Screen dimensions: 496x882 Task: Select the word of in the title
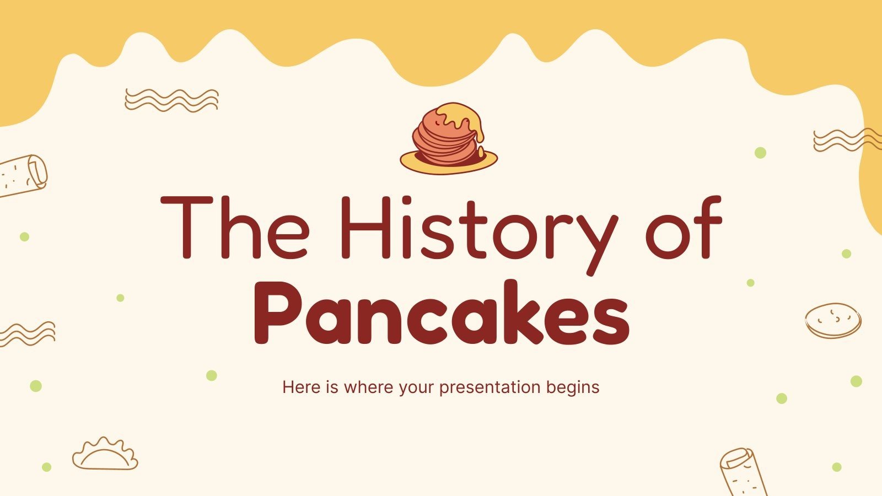click(x=684, y=227)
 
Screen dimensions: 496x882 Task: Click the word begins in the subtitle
click(x=573, y=387)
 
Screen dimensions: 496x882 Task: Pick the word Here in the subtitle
click(x=302, y=387)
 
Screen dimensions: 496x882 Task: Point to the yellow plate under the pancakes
click(x=419, y=162)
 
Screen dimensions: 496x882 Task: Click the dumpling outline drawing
click(x=105, y=455)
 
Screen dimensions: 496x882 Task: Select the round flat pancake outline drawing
click(x=833, y=320)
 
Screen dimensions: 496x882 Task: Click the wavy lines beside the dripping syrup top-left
click(x=171, y=100)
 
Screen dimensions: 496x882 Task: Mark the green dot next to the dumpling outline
click(x=47, y=467)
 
